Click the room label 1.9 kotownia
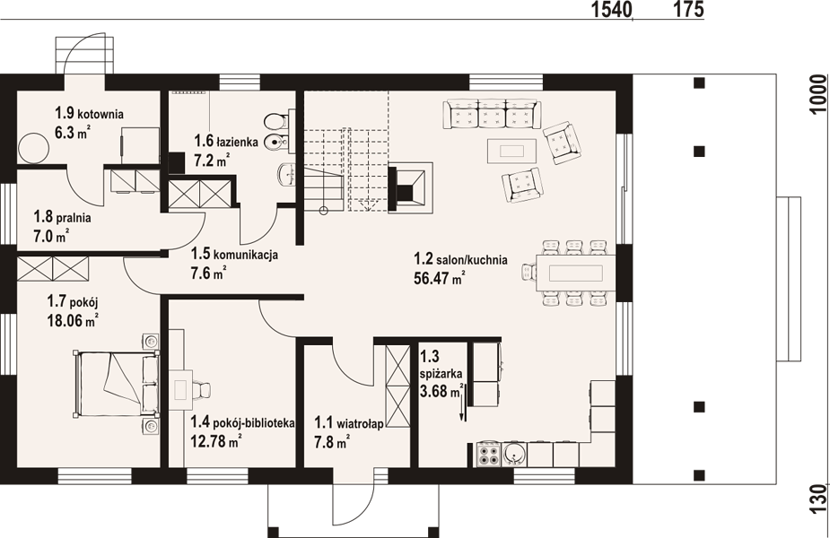(x=89, y=113)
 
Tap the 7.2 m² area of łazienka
(x=212, y=160)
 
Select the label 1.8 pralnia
(x=62, y=217)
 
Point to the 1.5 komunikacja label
(x=234, y=255)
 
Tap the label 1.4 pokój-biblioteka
(x=242, y=422)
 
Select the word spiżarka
(x=441, y=374)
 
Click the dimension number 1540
(x=611, y=9)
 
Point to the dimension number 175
(x=688, y=9)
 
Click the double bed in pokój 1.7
(x=116, y=383)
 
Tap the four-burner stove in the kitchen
(x=488, y=455)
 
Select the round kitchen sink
(x=513, y=455)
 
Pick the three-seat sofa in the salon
(x=491, y=114)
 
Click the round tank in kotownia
(x=33, y=147)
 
